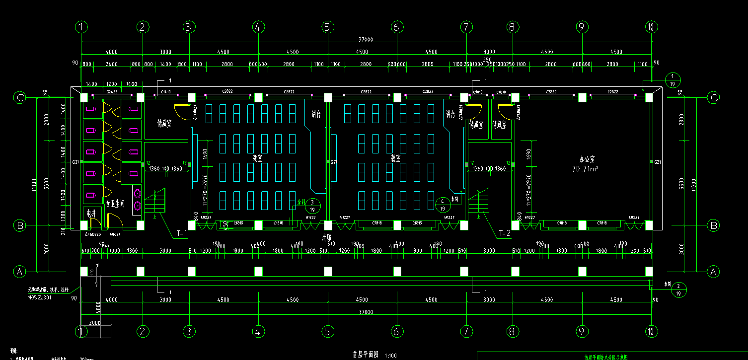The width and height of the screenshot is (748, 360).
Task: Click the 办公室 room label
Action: pyautogui.click(x=587, y=159)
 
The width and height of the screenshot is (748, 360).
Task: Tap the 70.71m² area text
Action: pyautogui.click(x=586, y=169)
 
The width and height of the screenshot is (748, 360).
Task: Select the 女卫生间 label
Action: pyautogui.click(x=115, y=204)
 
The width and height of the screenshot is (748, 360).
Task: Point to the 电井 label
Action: pyautogui.click(x=91, y=213)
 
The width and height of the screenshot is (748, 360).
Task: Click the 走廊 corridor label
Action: pyautogui.click(x=326, y=238)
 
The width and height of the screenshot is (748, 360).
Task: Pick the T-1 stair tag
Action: pyautogui.click(x=182, y=232)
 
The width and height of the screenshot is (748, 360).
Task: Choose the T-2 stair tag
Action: pyautogui.click(x=505, y=232)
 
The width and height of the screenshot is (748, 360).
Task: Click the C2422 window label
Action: pyautogui.click(x=112, y=92)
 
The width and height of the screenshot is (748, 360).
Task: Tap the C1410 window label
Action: pyautogui.click(x=165, y=92)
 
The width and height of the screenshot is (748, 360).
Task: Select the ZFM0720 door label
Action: pyautogui.click(x=93, y=234)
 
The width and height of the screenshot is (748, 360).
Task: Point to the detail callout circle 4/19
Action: pyautogui.click(x=443, y=205)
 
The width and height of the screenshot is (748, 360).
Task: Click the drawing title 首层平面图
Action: pyautogui.click(x=366, y=355)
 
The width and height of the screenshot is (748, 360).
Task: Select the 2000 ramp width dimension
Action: pyautogui.click(x=95, y=323)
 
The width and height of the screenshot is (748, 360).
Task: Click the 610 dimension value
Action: pyautogui.click(x=85, y=251)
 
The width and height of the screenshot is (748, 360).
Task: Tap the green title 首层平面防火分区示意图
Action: pyautogui.click(x=605, y=357)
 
